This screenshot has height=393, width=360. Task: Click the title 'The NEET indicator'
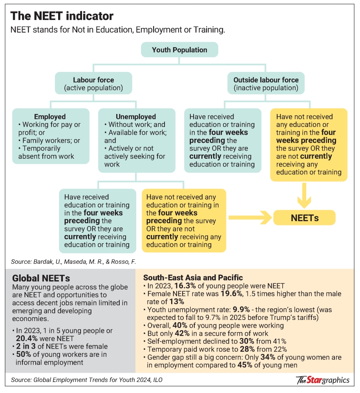62,16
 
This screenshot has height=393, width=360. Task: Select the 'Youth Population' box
179,50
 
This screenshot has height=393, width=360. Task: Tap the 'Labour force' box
93,83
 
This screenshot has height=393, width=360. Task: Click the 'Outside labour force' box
266,83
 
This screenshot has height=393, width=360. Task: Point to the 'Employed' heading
50,117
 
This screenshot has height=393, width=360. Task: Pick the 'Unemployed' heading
135,117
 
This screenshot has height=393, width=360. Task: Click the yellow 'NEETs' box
305,217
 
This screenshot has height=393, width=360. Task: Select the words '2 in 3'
25,346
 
